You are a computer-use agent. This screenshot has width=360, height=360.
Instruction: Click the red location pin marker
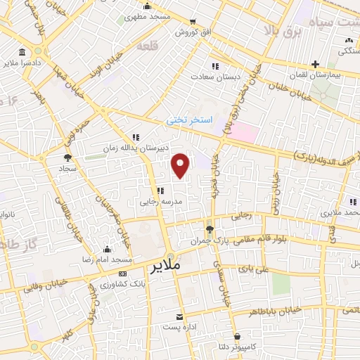181,165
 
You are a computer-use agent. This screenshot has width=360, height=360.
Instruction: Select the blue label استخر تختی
189,120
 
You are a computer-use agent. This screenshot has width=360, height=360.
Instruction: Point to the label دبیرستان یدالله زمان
157,148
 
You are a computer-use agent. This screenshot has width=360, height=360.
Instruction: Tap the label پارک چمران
209,241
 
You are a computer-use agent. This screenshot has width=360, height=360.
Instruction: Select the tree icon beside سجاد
67,157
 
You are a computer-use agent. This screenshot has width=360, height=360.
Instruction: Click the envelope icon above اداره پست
179,317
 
